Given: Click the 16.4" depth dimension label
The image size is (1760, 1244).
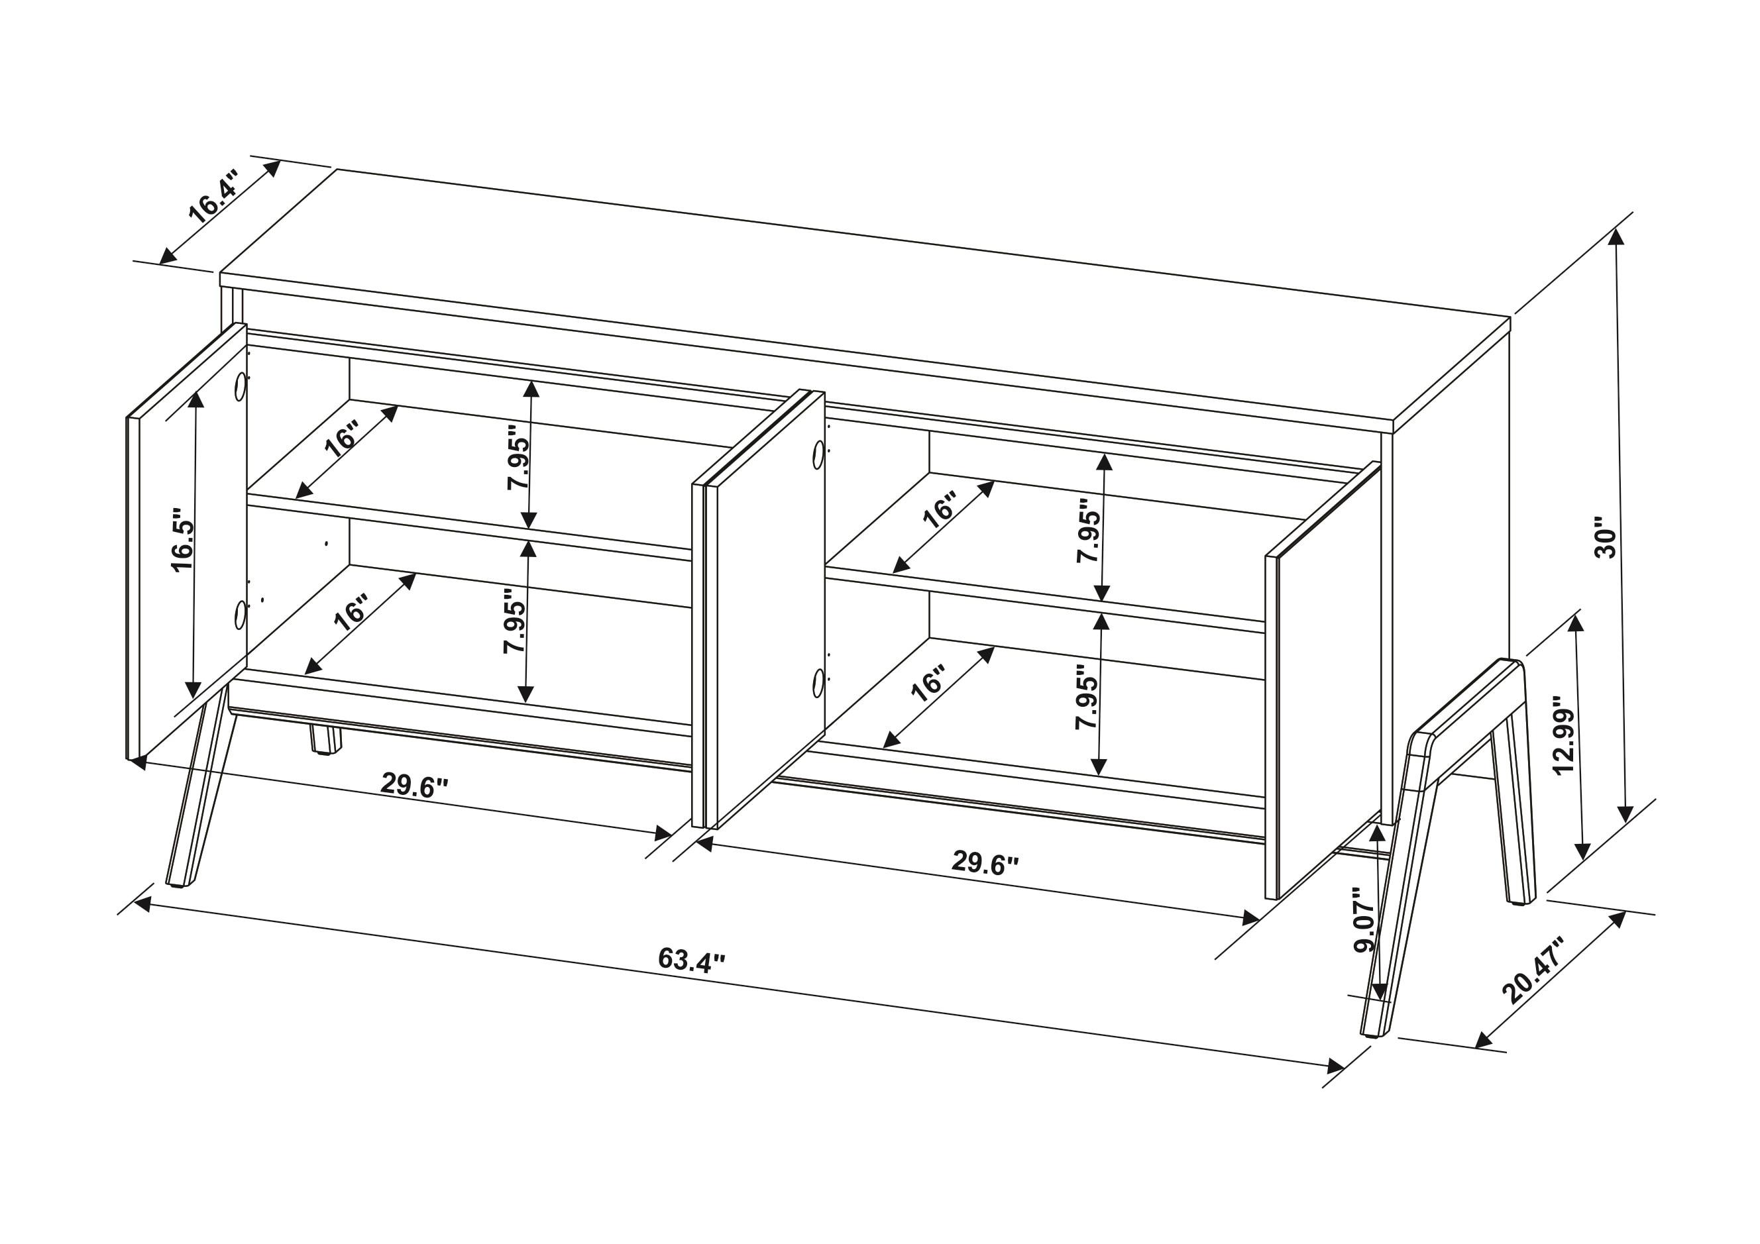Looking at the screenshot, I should [x=214, y=198].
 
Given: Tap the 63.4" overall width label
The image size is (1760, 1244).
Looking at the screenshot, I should [x=690, y=960].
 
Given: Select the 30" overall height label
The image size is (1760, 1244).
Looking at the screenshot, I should [x=1605, y=542].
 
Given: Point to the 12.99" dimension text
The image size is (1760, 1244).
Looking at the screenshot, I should [x=1563, y=735].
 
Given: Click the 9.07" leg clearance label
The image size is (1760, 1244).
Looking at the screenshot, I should [x=1365, y=920].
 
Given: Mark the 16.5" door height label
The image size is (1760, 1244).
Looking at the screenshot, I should [x=183, y=539].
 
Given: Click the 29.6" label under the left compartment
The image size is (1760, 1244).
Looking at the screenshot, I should [x=414, y=785].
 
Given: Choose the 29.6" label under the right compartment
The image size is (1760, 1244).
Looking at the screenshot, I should [x=985, y=863].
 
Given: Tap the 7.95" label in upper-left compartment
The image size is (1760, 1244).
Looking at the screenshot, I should [x=518, y=458].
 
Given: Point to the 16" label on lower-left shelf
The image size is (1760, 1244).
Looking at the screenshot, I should [x=351, y=613].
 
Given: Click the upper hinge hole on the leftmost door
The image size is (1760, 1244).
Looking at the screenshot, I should [x=241, y=386].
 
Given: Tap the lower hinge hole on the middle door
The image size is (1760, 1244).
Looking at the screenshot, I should [x=818, y=682].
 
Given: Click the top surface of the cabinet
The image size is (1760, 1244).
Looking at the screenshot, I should [x=843, y=299].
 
